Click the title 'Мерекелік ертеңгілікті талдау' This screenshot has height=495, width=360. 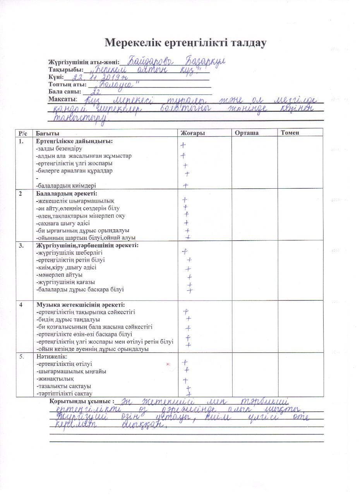186,43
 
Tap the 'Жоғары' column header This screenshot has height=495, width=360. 193,133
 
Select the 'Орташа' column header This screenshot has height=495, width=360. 246,133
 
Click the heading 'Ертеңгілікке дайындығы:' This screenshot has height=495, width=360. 74,141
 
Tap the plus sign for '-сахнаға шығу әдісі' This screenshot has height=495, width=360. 186,222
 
